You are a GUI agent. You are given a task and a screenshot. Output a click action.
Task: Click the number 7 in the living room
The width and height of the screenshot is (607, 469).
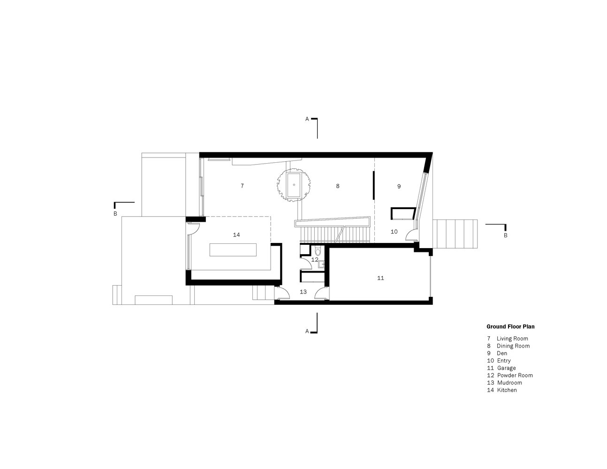242,186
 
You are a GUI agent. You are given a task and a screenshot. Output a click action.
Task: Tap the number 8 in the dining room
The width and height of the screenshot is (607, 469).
338,186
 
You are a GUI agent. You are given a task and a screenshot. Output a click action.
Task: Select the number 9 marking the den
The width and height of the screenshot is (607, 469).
399,186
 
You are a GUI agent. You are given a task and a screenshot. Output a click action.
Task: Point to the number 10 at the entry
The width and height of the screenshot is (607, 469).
394,231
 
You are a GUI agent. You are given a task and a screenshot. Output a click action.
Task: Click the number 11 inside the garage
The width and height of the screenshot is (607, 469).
380,278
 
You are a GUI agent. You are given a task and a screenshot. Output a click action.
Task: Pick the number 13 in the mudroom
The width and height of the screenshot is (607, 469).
303,292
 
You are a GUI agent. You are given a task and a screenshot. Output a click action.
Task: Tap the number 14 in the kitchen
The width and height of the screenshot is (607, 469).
236,235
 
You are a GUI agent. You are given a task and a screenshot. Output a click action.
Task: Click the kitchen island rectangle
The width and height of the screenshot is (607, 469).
233,250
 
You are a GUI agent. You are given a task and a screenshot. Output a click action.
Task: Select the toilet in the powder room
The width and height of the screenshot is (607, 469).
318,251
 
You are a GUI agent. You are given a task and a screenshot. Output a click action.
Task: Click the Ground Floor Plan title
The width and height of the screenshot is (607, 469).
510,326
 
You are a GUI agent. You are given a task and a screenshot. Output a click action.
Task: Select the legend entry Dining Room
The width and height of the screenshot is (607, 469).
508,346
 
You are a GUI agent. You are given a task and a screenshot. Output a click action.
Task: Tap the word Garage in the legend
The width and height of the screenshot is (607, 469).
507,368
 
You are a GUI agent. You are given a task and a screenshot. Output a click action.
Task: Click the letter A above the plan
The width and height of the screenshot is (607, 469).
307,119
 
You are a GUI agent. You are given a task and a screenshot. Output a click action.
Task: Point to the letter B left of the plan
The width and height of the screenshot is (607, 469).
115,214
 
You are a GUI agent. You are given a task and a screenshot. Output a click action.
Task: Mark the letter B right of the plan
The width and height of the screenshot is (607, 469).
505,235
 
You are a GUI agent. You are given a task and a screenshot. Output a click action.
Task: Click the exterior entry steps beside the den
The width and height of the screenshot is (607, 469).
455,234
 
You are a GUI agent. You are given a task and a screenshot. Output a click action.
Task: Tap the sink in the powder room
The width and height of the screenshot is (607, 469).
321,264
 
